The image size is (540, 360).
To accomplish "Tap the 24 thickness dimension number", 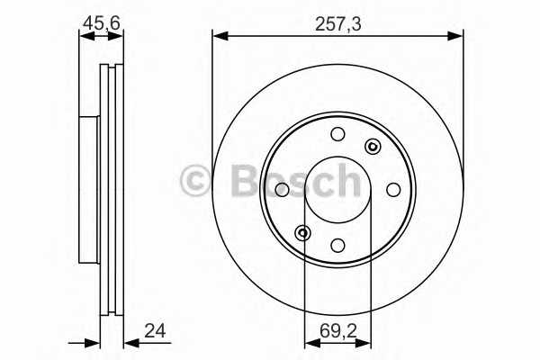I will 155,332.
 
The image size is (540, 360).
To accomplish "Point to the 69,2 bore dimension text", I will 337,332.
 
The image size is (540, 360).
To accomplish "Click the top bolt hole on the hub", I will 337,135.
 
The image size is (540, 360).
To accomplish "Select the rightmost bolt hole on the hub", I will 393,189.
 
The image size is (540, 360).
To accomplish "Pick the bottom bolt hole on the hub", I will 337,245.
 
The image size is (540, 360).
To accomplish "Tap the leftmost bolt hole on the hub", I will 282,189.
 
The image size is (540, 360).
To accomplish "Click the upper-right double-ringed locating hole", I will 371,147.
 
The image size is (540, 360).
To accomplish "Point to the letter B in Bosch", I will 240,183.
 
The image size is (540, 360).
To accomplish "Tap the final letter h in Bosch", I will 346,181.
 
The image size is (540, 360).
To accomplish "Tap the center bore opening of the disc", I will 337,190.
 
